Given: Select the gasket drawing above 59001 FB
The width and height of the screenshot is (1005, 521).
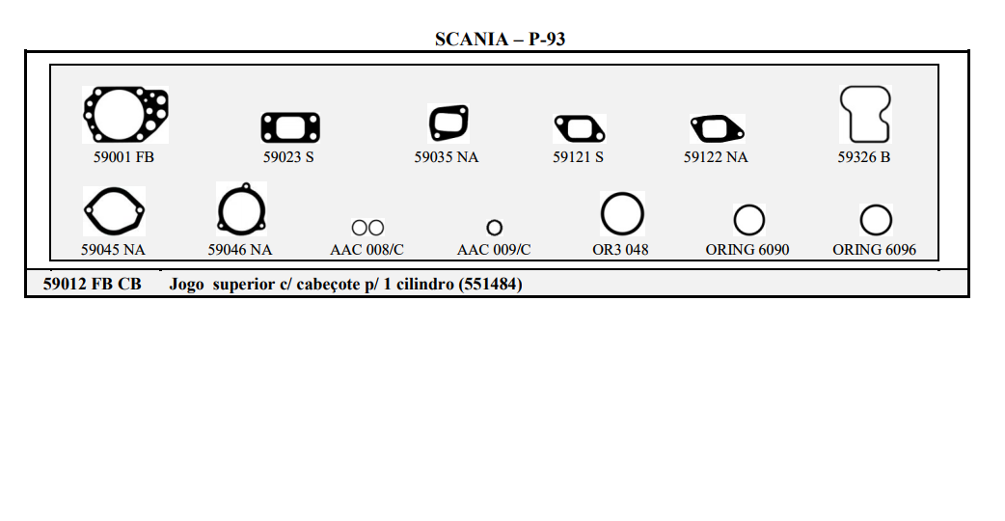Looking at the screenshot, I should [x=125, y=116].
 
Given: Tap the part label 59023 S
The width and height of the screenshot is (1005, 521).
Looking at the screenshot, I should [x=288, y=157].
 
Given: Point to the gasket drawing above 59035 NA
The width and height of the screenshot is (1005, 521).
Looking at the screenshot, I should [x=448, y=123].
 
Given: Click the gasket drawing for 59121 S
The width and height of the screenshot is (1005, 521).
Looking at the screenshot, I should [x=579, y=128].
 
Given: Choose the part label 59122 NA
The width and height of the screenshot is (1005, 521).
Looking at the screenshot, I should [x=716, y=157].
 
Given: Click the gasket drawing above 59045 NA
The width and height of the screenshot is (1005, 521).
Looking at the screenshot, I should [x=114, y=211].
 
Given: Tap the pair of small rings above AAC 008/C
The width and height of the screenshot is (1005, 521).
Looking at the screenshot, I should [x=367, y=228].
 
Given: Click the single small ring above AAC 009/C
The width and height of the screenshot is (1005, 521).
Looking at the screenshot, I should [x=494, y=228].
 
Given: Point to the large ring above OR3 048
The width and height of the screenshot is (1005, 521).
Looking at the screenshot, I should [x=622, y=214].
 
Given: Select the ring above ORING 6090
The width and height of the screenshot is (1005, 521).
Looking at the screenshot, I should [x=748, y=221].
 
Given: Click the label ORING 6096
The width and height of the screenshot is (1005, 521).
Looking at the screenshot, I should [x=874, y=250].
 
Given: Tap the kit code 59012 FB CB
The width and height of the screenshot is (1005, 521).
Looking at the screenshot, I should [x=93, y=285].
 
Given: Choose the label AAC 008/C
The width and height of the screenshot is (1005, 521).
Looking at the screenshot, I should [x=367, y=250].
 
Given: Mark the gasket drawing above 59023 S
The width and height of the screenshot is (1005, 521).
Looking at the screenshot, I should [x=290, y=127].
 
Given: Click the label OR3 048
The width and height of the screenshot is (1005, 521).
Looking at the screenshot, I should [x=620, y=250].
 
